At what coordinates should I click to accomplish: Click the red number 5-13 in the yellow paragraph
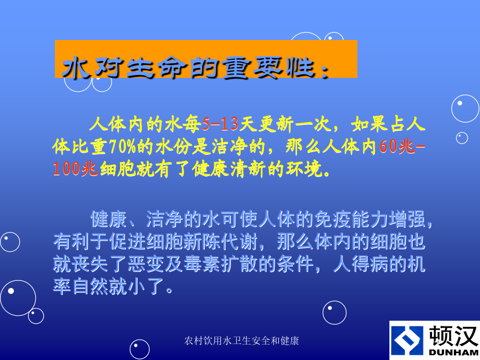pyautogui.click(x=220, y=124)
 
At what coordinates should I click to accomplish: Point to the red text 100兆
pyautogui.click(x=75, y=169)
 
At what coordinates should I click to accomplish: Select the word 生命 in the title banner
pyautogui.click(x=156, y=68)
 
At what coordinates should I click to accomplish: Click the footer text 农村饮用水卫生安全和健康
pyautogui.click(x=242, y=340)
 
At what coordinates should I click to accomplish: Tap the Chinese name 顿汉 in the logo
pyautogui.click(x=453, y=336)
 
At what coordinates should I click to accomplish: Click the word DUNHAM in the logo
pyautogui.click(x=453, y=353)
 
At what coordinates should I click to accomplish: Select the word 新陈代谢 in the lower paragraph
pyautogui.click(x=221, y=242)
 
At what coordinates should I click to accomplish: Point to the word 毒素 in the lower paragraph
pyautogui.click(x=202, y=264)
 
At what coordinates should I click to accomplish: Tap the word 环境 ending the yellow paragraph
pyautogui.click(x=305, y=169)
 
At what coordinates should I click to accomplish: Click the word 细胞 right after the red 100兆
pyautogui.click(x=118, y=169)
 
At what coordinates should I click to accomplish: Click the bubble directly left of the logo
pyautogui.click(x=334, y=313)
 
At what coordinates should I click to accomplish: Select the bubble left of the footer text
pyautogui.click(x=140, y=349)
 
